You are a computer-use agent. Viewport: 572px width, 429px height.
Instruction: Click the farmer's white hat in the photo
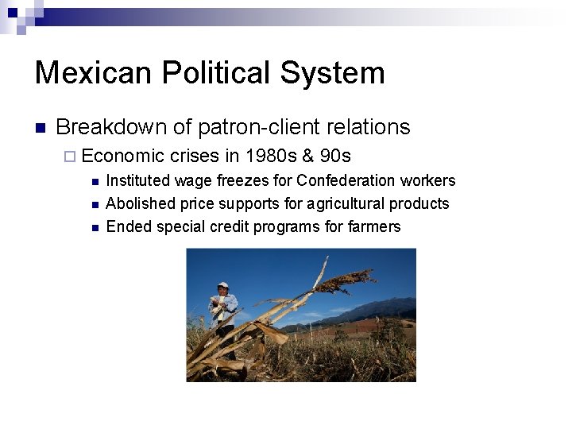click(223, 284)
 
